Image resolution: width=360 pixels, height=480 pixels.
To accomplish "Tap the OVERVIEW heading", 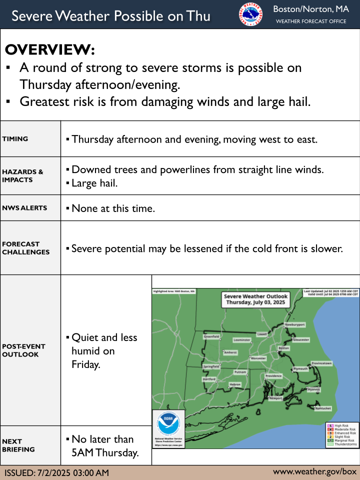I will [49, 49].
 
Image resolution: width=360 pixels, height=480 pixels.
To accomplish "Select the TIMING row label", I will [15, 139].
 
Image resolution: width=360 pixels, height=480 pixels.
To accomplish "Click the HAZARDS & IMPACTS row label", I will [23, 176].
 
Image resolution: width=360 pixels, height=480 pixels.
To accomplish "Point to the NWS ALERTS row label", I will [24, 208].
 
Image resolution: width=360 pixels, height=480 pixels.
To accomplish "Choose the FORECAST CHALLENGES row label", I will [26, 248].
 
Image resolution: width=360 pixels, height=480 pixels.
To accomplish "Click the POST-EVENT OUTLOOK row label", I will [23, 350].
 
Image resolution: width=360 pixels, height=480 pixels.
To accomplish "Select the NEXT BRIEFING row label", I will [18, 445].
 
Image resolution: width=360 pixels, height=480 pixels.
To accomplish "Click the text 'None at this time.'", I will [112, 208].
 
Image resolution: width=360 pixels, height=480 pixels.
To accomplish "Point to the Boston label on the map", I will [284, 347].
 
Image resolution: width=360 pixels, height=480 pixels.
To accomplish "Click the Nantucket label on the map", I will [323, 408].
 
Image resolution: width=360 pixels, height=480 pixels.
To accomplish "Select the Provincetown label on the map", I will [321, 362].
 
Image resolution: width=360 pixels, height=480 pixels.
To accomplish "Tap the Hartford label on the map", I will [208, 379].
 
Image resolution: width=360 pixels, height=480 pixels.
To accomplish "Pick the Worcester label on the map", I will [258, 358].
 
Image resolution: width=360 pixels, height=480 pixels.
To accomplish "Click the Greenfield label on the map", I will [211, 336].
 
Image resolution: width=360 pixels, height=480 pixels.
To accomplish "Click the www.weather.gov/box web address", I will [314, 471].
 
